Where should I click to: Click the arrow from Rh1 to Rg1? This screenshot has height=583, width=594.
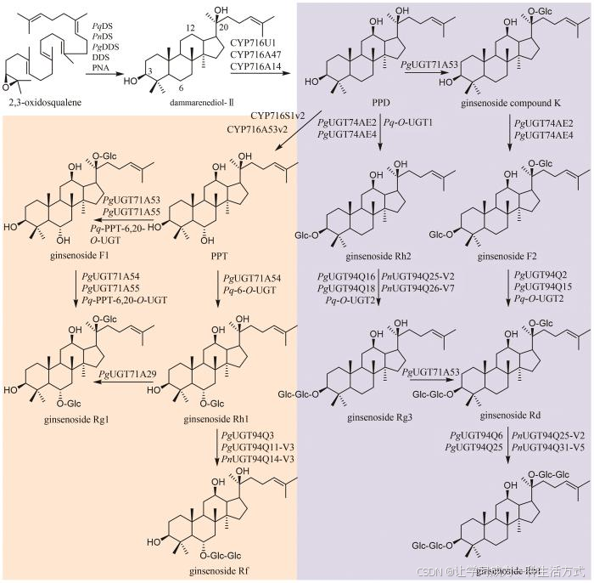(x=126, y=383)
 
